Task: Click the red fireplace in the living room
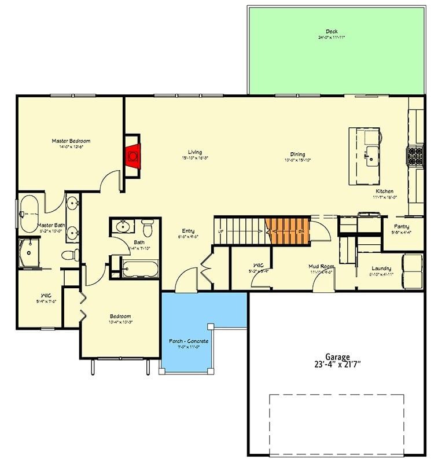[133, 155]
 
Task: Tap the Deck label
[331, 32]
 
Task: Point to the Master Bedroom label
[71, 141]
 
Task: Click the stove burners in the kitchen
[415, 155]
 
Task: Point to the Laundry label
[381, 268]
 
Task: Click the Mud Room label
[321, 267]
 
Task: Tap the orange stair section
[287, 230]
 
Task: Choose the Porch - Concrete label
[189, 341]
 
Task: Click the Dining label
[298, 154]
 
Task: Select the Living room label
[195, 152]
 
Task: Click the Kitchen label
[385, 191]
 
